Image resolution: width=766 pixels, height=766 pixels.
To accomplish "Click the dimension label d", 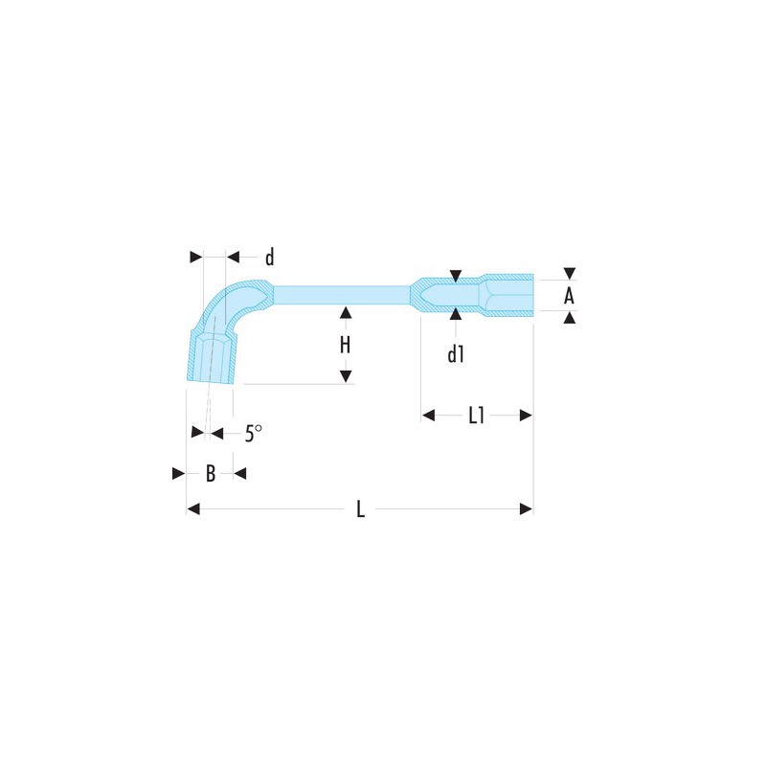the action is coord(270,257).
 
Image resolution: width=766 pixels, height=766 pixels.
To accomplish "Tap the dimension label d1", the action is coord(456,354).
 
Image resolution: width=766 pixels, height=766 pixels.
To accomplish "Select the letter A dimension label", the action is coord(569,296).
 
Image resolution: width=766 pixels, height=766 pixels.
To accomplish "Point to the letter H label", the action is coord(346,346).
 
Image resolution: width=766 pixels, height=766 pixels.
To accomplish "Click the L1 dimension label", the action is coord(476,416).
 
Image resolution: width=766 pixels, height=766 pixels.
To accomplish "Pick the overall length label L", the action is coord(361,509).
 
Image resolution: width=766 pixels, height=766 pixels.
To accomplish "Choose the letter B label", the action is coord(211,473).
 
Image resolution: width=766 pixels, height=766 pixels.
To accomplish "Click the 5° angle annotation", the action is coord(253,434).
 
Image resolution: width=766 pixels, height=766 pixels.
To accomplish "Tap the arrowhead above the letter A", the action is coord(570,274).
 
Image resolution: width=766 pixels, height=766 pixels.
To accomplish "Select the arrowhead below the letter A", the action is coord(570,318).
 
